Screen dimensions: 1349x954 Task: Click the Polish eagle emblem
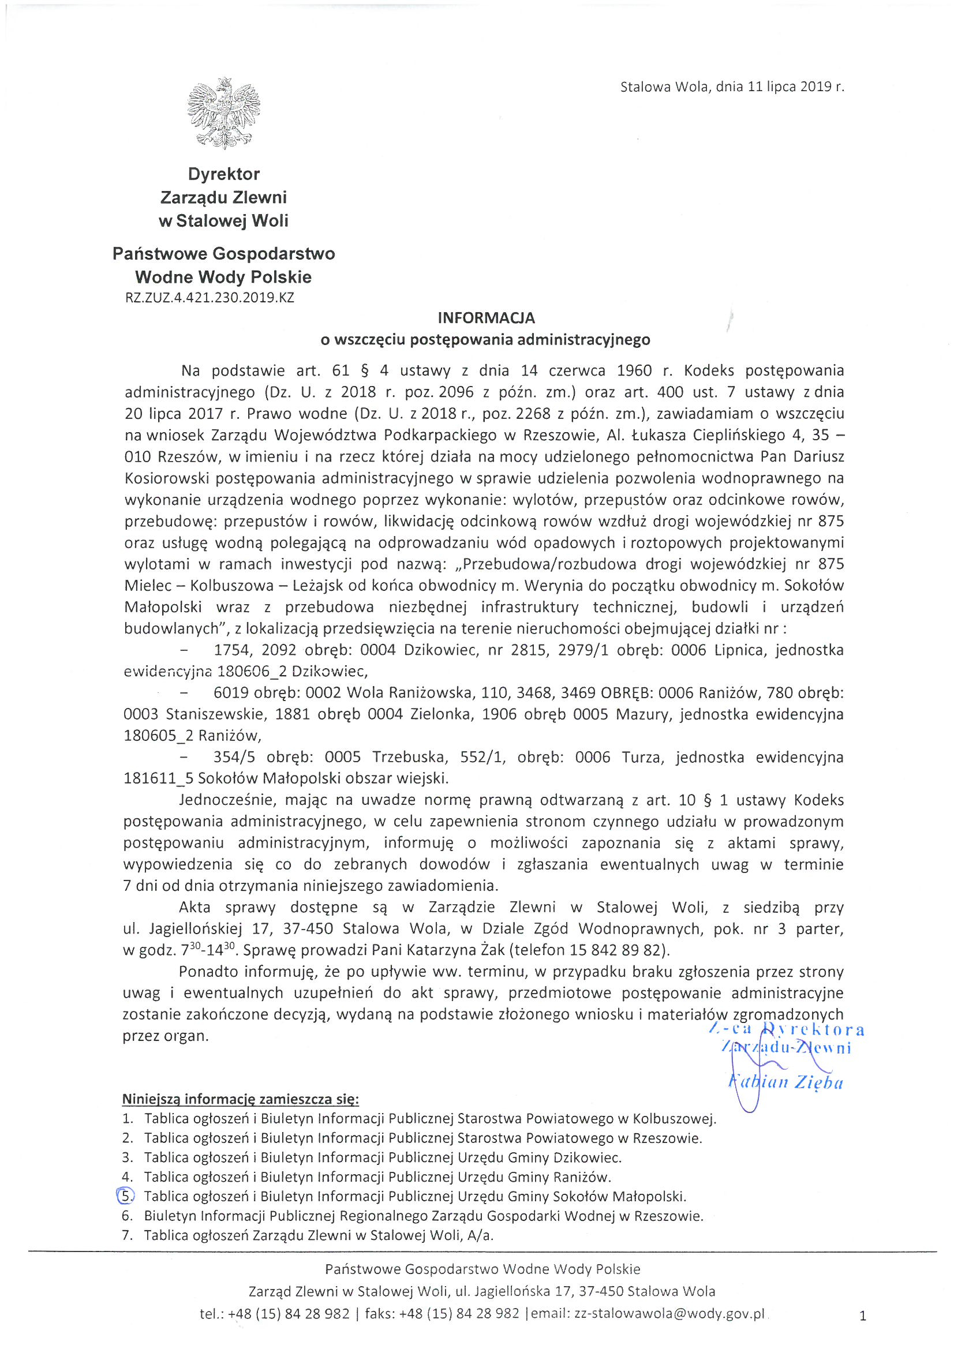click(223, 113)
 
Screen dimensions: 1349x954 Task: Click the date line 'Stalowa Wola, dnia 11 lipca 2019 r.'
click(732, 87)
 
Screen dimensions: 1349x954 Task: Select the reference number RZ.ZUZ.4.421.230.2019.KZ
click(209, 298)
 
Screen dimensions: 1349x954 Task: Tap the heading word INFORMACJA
click(486, 318)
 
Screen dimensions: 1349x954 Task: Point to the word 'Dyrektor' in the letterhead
click(223, 174)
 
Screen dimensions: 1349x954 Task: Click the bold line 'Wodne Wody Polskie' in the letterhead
click(223, 277)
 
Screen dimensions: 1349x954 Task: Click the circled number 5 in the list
click(126, 1196)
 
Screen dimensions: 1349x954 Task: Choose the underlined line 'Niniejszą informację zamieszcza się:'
click(241, 1099)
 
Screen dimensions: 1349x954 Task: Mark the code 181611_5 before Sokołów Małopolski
click(159, 779)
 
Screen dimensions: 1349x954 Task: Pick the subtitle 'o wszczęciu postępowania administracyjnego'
click(485, 340)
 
